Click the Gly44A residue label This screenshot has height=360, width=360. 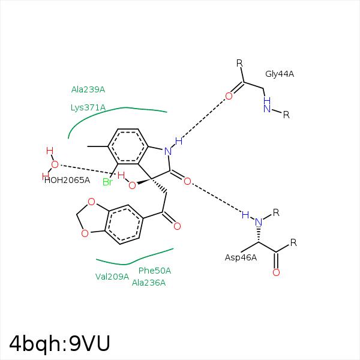pos(280,74)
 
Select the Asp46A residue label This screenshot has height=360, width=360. pos(241,257)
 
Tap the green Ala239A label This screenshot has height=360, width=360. pos(88,89)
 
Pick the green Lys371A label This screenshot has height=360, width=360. pos(88,107)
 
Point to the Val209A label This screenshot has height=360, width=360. pos(112,277)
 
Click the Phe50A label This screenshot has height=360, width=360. pos(155,271)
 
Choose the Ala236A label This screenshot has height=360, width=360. pos(149,283)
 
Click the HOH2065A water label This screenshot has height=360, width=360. pos(67,180)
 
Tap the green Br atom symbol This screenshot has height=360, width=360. pos(107,182)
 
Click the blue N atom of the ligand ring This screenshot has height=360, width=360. pos(168,151)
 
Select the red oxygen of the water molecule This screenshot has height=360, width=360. pos(55,164)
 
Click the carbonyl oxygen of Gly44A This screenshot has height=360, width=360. pos(229,96)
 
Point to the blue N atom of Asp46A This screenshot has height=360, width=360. pos(259,222)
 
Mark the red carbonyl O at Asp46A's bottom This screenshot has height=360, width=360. pos(276,272)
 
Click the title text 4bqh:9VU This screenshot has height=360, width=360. pos(59,343)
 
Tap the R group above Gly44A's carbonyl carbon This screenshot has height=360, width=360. pos(239,63)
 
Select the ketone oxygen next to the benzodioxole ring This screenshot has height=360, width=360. pos(177,226)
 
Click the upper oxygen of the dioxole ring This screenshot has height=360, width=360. pos(91,202)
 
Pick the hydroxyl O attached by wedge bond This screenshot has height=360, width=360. pos(132,185)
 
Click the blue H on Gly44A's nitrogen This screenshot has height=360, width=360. pos(267,100)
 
